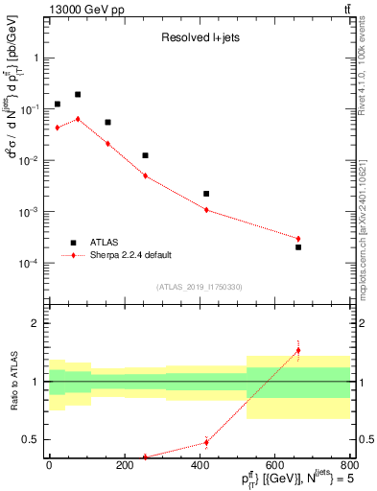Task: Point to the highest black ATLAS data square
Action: [x=78, y=95]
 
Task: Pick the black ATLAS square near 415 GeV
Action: [x=206, y=194]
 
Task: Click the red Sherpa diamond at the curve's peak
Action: [x=78, y=119]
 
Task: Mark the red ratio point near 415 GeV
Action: [x=206, y=442]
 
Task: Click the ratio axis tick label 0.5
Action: [x=33, y=440]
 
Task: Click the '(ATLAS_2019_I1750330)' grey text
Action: [x=200, y=287]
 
